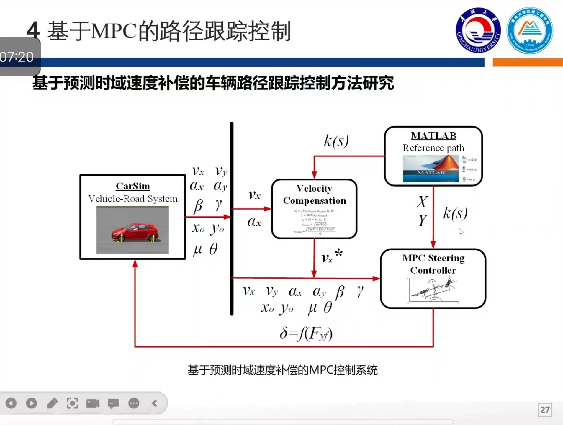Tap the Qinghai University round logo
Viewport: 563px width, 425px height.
point(478,30)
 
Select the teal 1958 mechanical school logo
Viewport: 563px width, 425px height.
point(530,30)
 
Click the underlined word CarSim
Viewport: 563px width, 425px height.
point(133,186)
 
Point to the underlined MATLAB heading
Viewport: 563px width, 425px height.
point(433,136)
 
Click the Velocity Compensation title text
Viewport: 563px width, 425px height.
point(315,194)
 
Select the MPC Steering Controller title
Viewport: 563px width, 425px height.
point(433,264)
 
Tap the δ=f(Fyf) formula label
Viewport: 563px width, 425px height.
point(306,334)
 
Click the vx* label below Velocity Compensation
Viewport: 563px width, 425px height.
point(331,256)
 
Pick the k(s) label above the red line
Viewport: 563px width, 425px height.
point(336,141)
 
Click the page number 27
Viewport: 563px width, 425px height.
point(545,410)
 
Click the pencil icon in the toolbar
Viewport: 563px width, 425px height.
point(52,403)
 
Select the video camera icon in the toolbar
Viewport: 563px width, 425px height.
point(93,403)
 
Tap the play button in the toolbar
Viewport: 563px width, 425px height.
point(32,403)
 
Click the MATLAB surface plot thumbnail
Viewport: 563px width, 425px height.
point(431,169)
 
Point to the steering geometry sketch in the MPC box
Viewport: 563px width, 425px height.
point(433,291)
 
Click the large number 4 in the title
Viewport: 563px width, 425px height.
point(33,31)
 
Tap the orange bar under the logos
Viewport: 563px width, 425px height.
point(528,62)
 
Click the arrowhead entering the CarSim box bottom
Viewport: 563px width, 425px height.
point(135,263)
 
